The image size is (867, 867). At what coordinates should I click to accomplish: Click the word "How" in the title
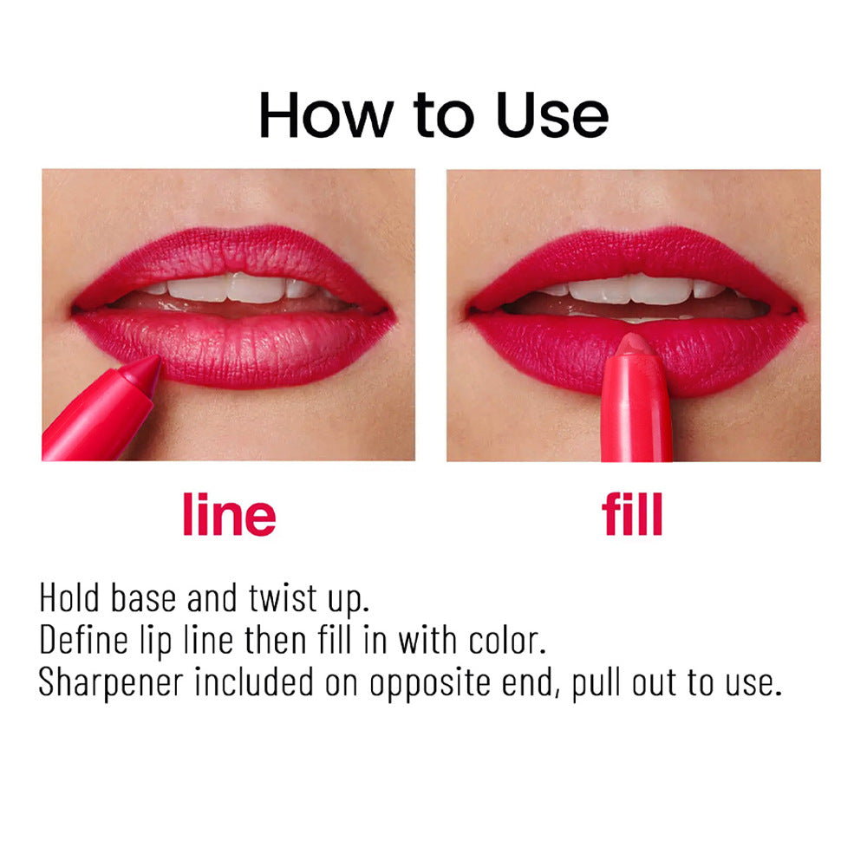326,115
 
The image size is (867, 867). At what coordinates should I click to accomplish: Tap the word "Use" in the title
552,115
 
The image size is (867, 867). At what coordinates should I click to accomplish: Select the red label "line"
229,514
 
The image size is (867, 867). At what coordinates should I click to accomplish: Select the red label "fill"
632,514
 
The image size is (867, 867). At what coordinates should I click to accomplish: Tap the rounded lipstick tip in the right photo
635,345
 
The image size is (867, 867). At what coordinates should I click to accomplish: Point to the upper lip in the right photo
636,261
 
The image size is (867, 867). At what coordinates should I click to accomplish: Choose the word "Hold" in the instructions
69,598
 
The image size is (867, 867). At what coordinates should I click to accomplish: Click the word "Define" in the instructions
83,641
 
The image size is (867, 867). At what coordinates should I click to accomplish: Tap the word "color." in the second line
507,641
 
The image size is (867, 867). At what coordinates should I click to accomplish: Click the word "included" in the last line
254,682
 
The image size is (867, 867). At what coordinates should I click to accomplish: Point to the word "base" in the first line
144,598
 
